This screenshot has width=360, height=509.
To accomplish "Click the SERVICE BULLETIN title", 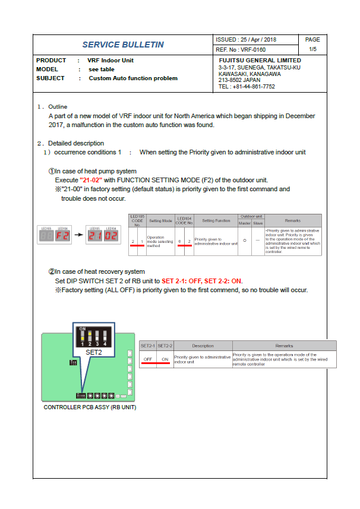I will [123, 45].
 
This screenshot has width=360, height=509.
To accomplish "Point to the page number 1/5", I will [312, 49].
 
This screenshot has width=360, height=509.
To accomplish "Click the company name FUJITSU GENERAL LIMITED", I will [260, 61].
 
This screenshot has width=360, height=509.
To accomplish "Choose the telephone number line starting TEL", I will [247, 86].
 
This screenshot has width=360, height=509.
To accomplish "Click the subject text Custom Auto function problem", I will [133, 78].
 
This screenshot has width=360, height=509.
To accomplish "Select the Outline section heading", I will [58, 107].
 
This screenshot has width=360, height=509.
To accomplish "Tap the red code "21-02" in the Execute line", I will [91, 180].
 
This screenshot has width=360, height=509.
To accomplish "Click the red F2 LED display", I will [62, 235].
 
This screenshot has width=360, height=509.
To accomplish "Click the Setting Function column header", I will [216, 220].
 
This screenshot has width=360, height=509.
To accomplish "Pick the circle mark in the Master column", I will [244, 242].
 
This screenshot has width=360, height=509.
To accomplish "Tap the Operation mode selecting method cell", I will [159, 242].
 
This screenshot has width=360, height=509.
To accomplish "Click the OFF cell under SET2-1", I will [148, 359].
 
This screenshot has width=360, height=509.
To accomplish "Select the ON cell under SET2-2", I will [165, 359].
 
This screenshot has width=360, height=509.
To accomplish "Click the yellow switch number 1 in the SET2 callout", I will [84, 344].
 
